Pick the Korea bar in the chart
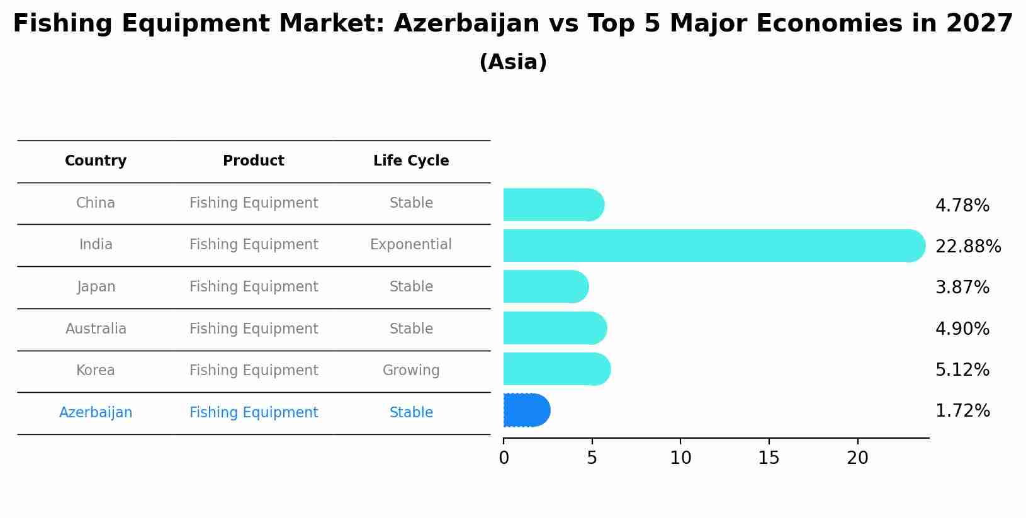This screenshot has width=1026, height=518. coord(556,369)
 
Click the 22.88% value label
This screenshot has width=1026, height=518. coord(967,247)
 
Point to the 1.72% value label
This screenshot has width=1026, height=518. coord(962,411)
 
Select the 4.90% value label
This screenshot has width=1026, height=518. coord(962,329)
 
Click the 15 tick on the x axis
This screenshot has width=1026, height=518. coord(769,458)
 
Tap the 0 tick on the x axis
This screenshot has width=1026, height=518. coord(504,458)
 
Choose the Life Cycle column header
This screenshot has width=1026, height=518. coord(411,161)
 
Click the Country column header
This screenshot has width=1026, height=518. coord(96,161)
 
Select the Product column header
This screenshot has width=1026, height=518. coord(254,161)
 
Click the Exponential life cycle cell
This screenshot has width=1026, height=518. coord(411,245)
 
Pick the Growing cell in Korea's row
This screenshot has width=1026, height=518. coord(411,371)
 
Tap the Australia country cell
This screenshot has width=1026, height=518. coord(96,329)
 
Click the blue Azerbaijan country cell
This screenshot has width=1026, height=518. coord(96,413)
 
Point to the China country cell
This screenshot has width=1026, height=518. coord(96,203)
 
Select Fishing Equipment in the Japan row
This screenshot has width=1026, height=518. coord(254,287)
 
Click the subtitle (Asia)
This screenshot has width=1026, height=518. coord(513,62)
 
